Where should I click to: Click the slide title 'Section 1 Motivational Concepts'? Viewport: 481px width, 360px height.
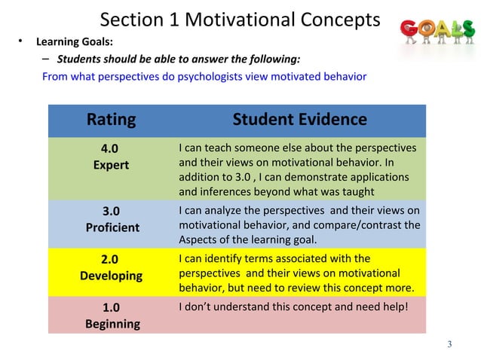click(x=240, y=20)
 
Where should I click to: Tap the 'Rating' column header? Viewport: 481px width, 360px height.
click(x=111, y=119)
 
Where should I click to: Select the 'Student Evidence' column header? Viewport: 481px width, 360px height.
click(x=299, y=119)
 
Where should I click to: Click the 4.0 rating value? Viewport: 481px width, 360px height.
click(x=110, y=148)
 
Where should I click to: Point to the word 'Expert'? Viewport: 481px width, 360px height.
click(x=110, y=164)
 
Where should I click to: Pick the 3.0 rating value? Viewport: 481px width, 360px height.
click(x=110, y=211)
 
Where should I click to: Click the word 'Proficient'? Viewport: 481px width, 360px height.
click(x=111, y=227)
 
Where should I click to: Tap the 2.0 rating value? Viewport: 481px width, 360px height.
click(x=110, y=260)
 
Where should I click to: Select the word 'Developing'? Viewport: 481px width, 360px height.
click(x=111, y=276)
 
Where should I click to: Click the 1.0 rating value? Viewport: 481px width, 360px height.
click(x=110, y=307)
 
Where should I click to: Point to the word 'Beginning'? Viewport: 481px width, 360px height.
click(x=111, y=324)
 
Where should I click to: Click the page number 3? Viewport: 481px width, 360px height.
click(x=449, y=345)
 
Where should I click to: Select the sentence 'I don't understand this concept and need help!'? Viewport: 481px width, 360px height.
click(x=293, y=307)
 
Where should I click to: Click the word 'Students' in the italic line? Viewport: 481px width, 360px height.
click(x=81, y=59)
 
